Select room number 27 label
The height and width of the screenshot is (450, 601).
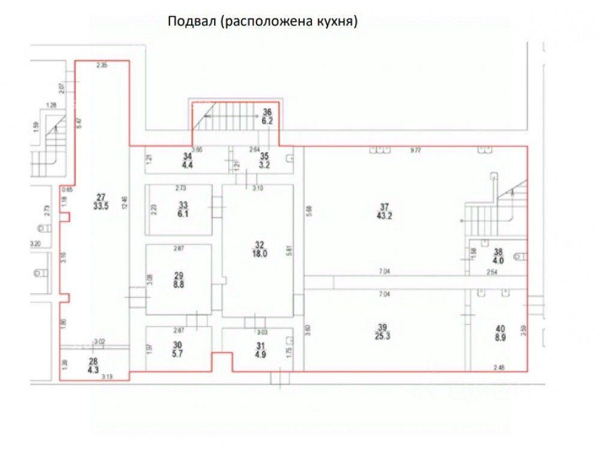tap(100, 195)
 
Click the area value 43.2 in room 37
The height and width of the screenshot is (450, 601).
tap(385, 216)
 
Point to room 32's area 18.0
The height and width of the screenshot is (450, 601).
tap(259, 253)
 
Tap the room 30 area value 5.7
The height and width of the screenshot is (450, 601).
tap(177, 353)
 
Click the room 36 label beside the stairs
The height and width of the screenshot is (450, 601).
tap(267, 112)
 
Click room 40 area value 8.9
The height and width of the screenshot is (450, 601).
tap(499, 337)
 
